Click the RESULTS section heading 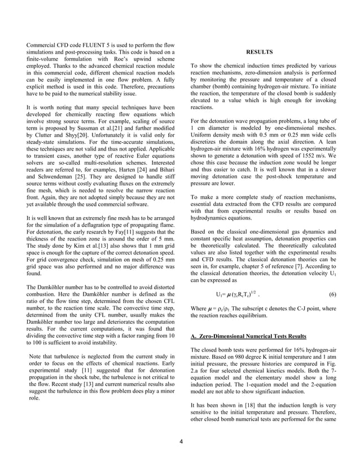click(259, 52)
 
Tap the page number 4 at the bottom click(181, 441)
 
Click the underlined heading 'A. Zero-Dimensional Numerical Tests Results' click(249, 337)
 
